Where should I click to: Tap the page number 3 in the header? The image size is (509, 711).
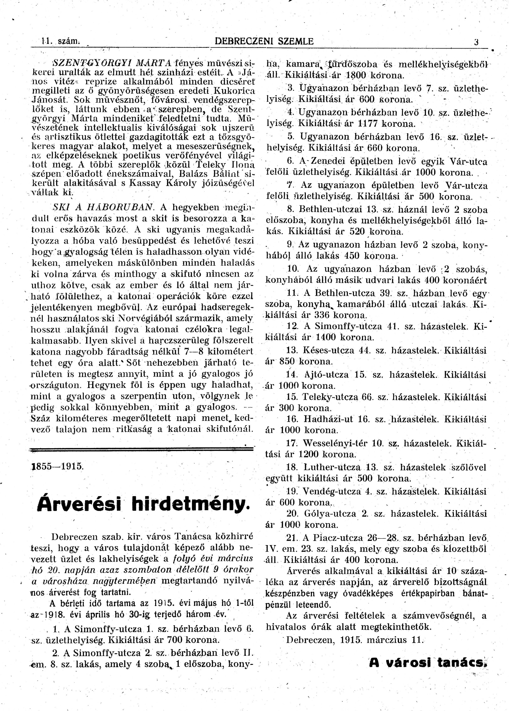coord(476,42)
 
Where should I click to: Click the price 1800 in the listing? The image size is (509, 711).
coord(356,75)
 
